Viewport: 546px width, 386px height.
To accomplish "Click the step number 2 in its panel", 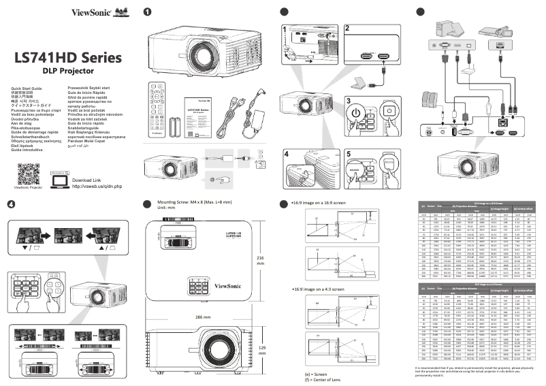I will click(x=347, y=29).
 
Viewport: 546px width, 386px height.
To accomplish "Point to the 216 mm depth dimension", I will click(x=259, y=261).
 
